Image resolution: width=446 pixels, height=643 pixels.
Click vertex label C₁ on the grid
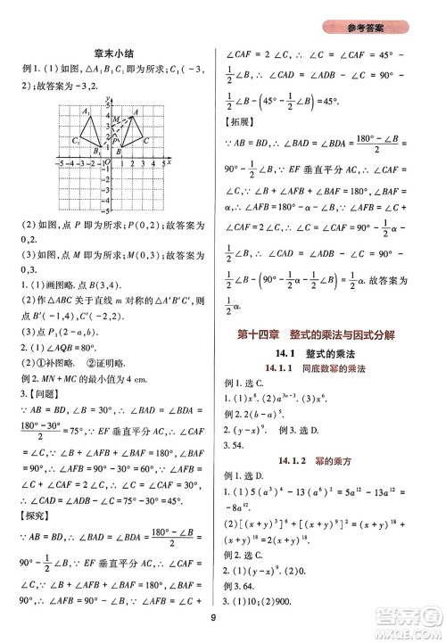point(77,140)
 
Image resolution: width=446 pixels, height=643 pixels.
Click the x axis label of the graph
point(169,162)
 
